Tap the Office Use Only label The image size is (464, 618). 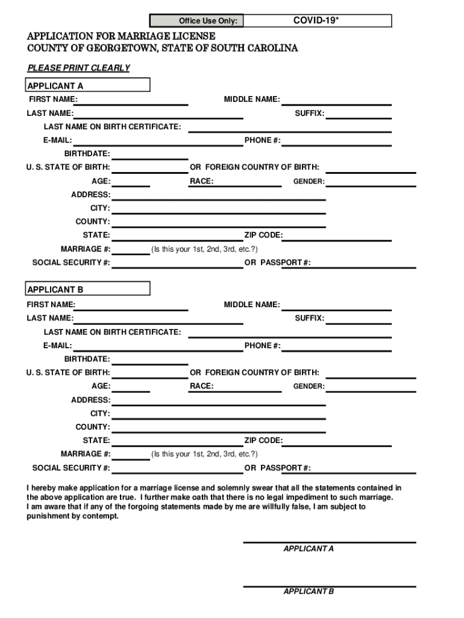tap(207, 22)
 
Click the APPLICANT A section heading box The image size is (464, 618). tap(88, 85)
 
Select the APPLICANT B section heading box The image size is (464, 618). tap(88, 288)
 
